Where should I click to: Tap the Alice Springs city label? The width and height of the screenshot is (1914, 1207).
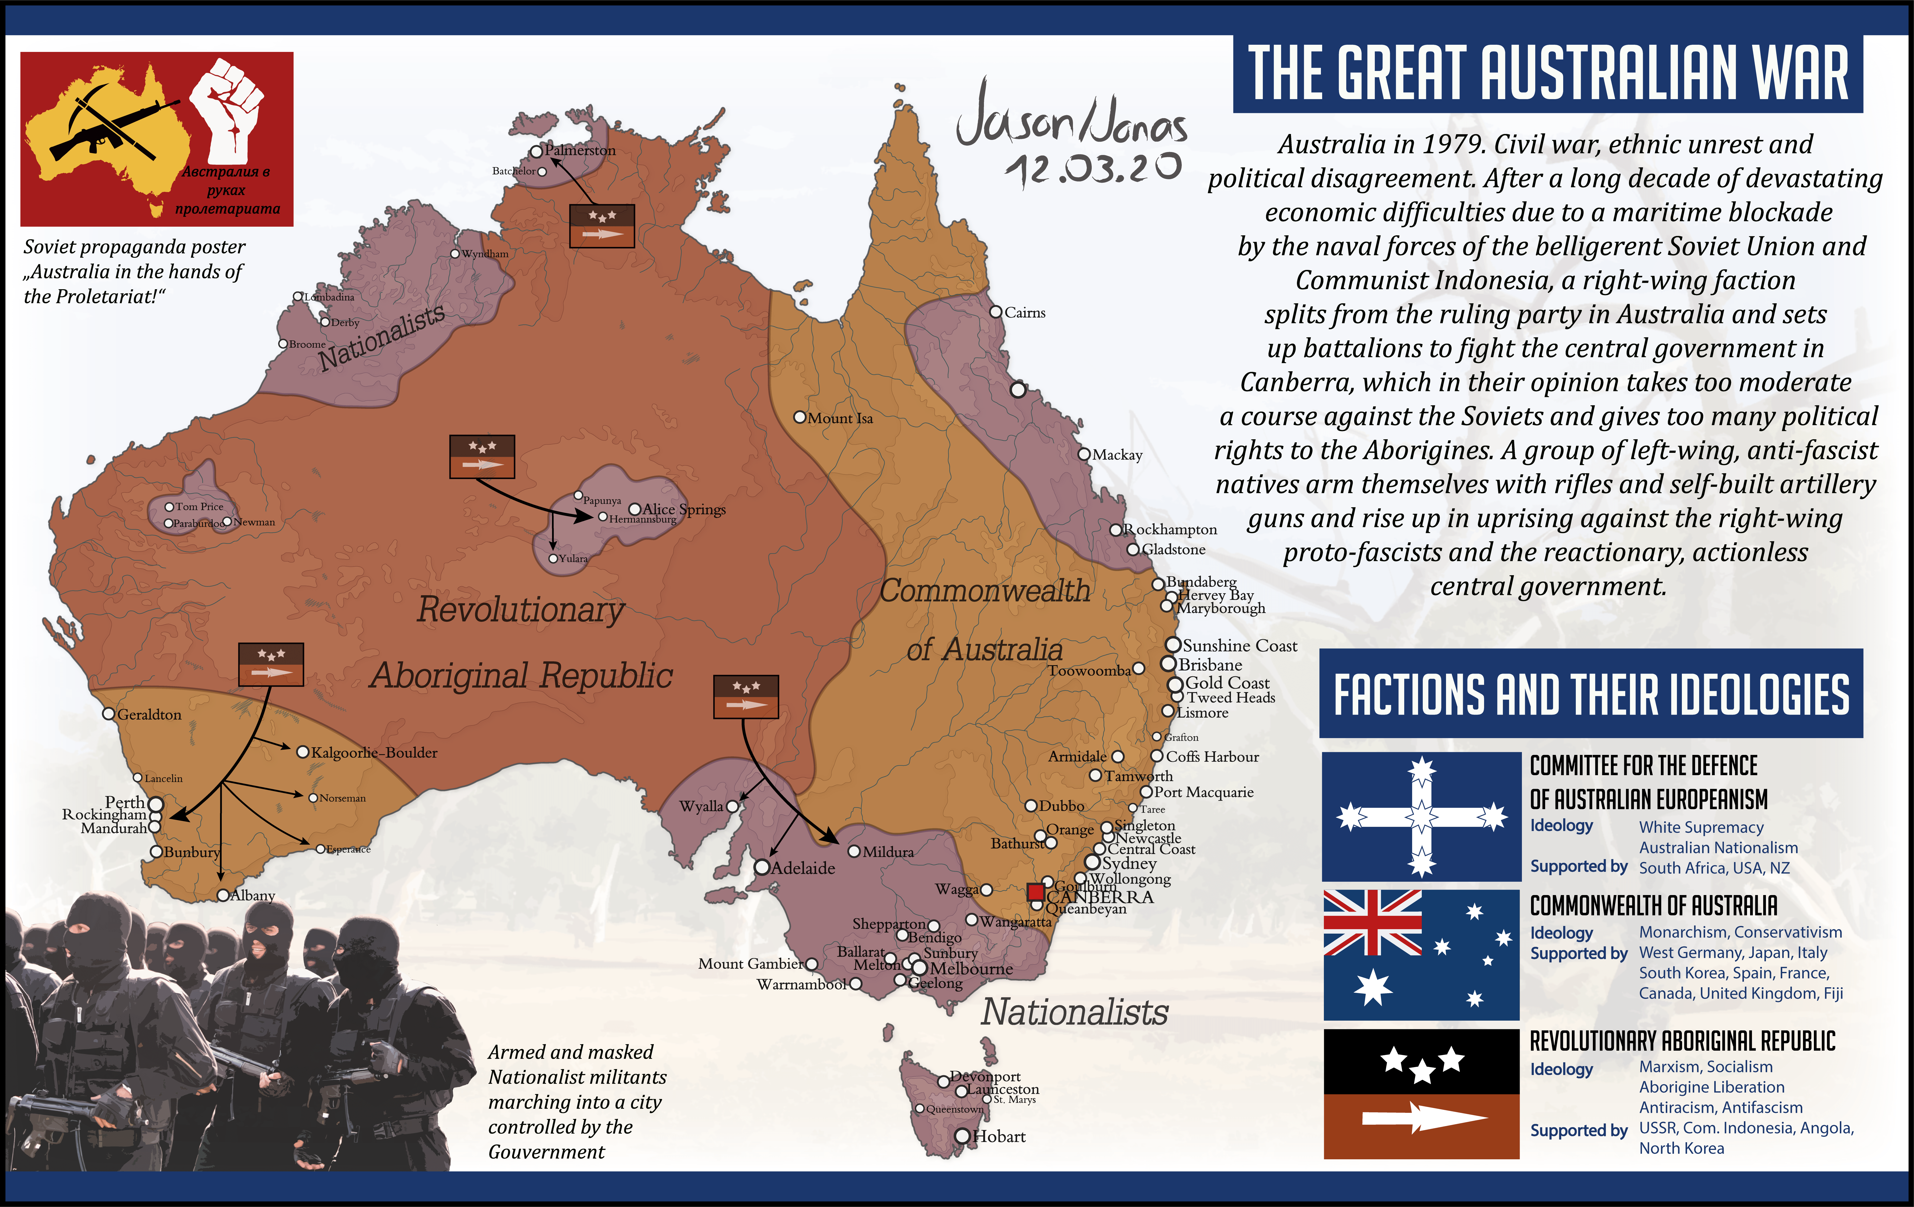684,509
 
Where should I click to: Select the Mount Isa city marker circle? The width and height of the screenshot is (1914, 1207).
800,417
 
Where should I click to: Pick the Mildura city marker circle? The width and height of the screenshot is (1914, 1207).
854,851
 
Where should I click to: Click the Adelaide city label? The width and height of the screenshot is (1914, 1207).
803,868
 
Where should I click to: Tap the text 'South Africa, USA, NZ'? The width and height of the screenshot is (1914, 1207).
1714,868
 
